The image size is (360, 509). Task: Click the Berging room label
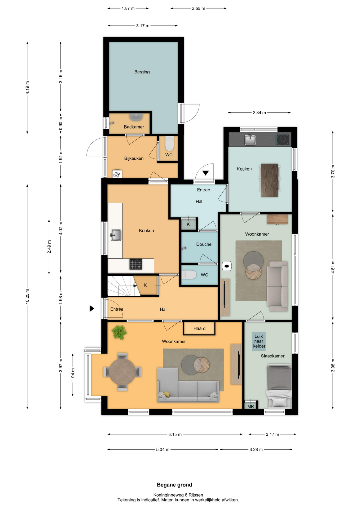click(142, 72)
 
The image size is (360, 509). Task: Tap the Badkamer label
click(134, 127)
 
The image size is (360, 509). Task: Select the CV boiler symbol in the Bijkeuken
click(117, 174)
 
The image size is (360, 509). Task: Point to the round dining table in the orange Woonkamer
click(122, 372)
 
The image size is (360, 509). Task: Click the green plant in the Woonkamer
click(119, 332)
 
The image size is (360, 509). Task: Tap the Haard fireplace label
click(199, 328)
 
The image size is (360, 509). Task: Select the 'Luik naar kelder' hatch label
click(259, 341)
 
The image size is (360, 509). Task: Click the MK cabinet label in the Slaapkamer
click(251, 406)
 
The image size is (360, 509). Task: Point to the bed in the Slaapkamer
click(279, 386)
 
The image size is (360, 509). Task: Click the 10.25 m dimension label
click(27, 296)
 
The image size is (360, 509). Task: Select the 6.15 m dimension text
click(175, 434)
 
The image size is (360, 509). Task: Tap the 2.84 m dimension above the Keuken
click(259, 113)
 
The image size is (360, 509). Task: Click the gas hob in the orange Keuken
click(136, 264)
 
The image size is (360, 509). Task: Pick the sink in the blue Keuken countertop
click(250, 140)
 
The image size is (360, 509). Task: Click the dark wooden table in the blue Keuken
click(270, 180)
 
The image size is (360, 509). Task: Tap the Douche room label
click(204, 244)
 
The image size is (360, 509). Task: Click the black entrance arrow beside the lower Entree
click(92, 308)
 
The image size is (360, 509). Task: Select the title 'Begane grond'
click(174, 485)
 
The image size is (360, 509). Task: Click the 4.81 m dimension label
click(333, 267)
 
